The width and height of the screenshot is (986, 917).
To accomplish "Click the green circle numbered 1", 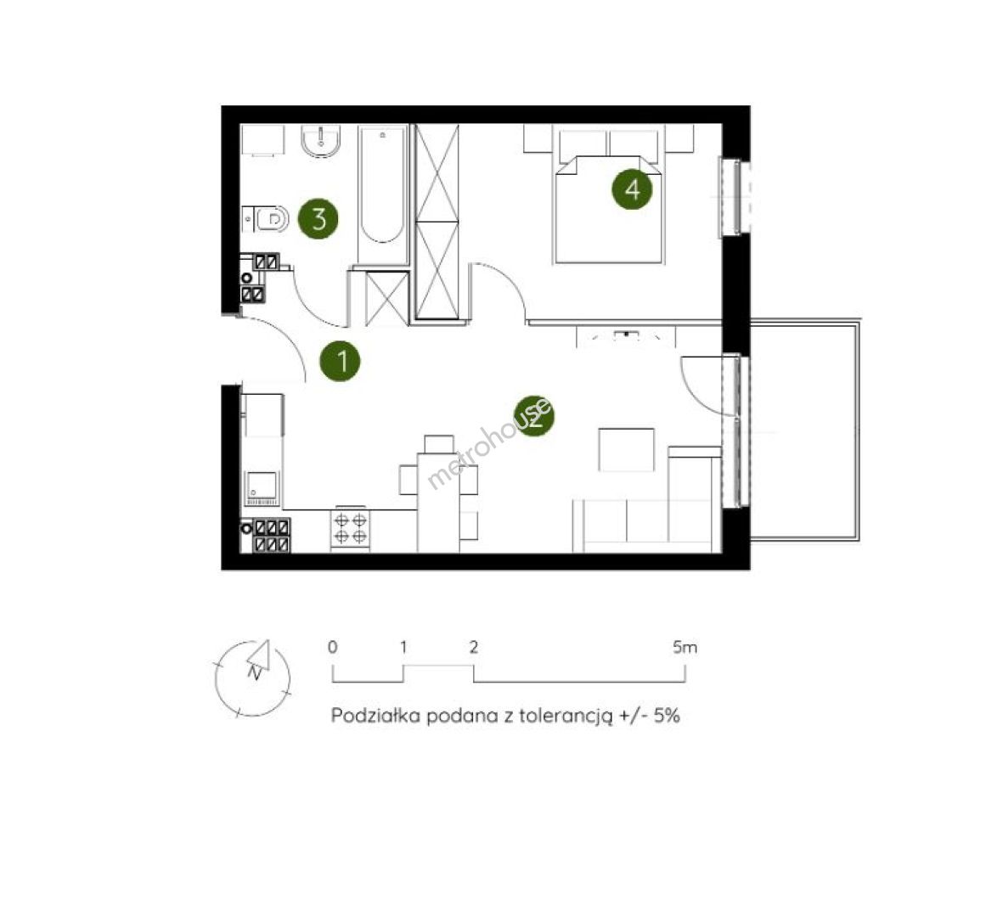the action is [340, 362].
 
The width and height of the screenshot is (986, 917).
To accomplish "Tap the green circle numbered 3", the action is [318, 219].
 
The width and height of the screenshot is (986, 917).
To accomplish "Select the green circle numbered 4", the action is [632, 188].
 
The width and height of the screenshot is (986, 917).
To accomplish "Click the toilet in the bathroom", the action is [266, 219].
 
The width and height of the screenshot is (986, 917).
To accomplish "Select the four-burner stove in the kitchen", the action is [350, 529].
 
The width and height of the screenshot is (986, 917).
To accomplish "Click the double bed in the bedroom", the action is [608, 194].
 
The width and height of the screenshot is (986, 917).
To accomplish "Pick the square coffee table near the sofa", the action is [626, 449].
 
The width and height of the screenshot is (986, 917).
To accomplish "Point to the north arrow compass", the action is [253, 678].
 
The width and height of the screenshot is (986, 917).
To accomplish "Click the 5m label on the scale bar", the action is [685, 647].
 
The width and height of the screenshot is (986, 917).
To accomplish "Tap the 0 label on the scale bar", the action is [332, 647].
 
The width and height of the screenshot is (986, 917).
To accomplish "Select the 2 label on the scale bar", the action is [474, 647].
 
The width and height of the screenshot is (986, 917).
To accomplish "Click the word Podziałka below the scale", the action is [375, 716].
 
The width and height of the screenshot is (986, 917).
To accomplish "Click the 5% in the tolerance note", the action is [667, 716].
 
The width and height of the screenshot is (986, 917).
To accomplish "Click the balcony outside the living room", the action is [805, 430].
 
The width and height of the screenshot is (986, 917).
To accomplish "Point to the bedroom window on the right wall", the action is [735, 198].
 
